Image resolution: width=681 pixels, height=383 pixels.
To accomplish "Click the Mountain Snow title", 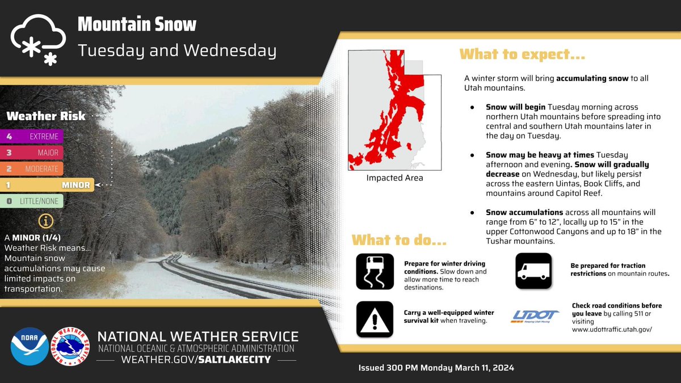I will [137, 24].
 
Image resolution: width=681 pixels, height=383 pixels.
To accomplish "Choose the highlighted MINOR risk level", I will [47, 185].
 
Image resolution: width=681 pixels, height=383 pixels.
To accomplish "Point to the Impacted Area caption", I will [394, 178].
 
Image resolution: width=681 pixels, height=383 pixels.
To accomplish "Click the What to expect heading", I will [522, 55].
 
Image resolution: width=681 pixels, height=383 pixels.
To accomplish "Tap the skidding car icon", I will [375, 272].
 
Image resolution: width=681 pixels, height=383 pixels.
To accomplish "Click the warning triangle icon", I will [375, 319].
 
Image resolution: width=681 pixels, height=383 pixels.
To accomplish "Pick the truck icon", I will [534, 271].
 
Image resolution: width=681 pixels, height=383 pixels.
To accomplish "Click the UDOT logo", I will [535, 316].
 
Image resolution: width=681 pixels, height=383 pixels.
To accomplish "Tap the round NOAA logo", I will [29, 346].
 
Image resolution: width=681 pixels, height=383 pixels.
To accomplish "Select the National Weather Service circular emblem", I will [70, 346].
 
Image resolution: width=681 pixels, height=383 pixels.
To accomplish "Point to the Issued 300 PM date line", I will [436, 368].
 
